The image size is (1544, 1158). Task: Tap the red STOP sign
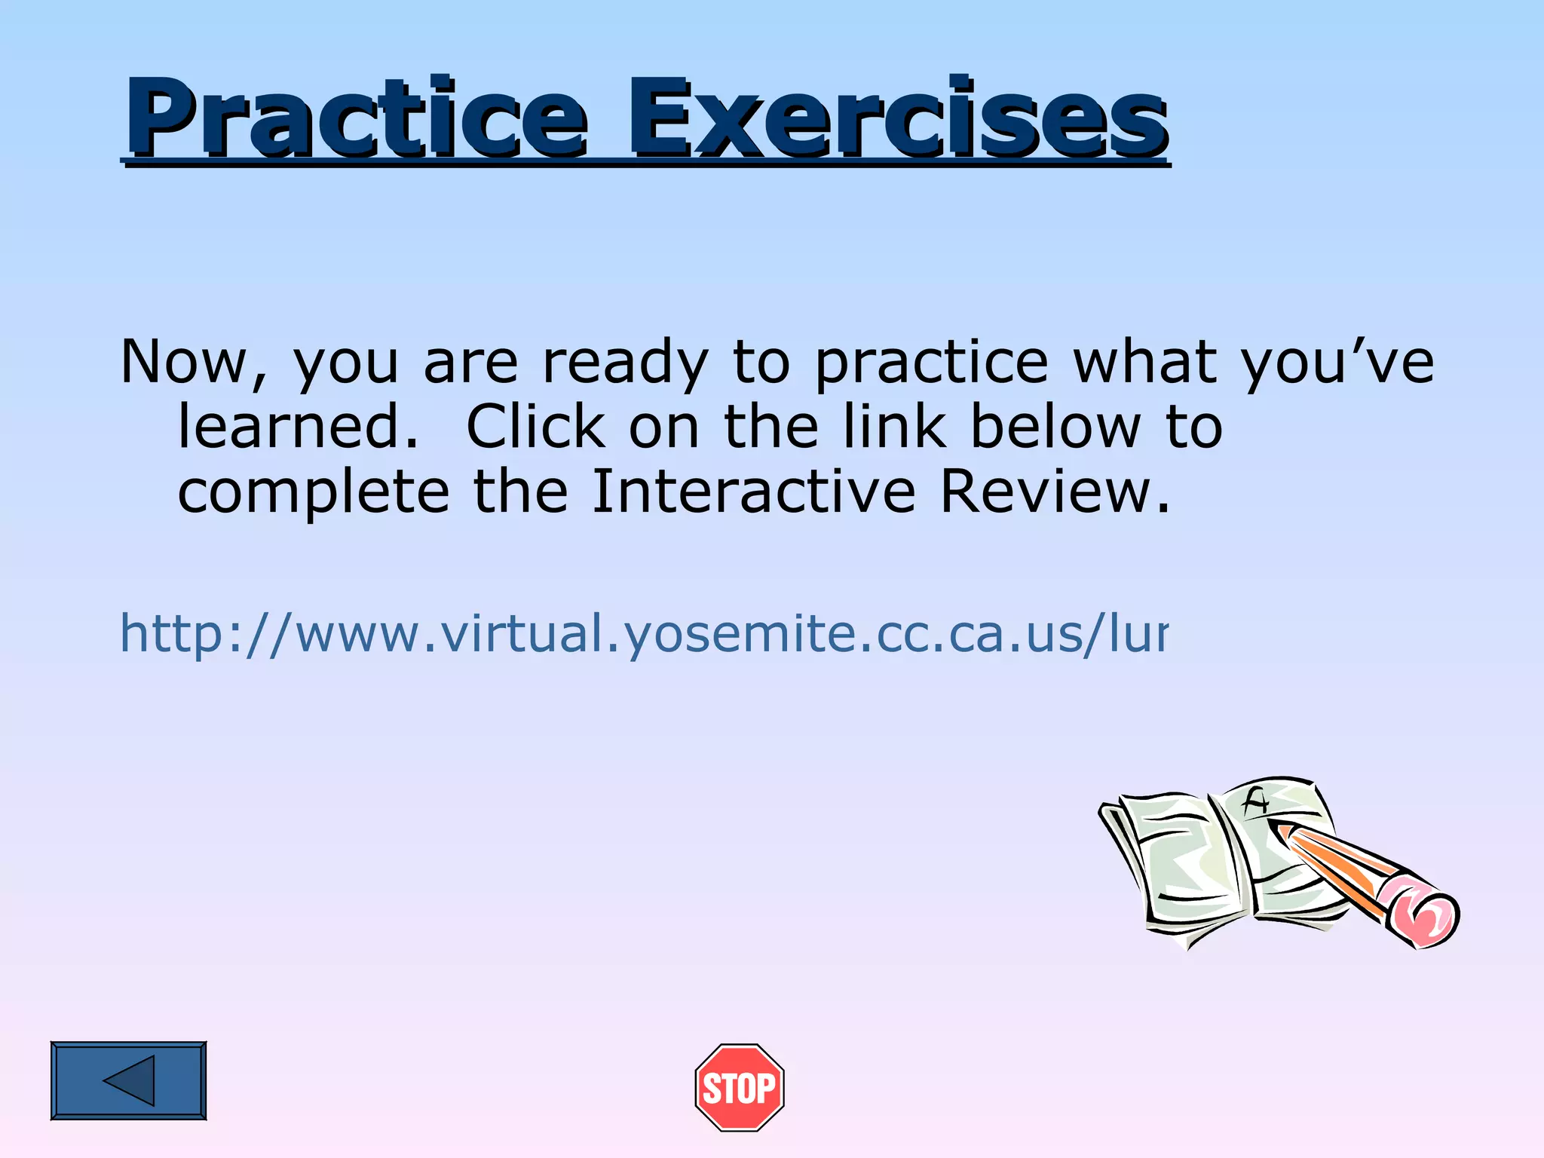(x=740, y=1087)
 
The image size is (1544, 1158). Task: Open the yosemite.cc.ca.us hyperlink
(x=643, y=633)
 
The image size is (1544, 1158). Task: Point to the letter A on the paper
(x=1255, y=801)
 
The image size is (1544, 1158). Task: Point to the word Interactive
(x=753, y=492)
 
